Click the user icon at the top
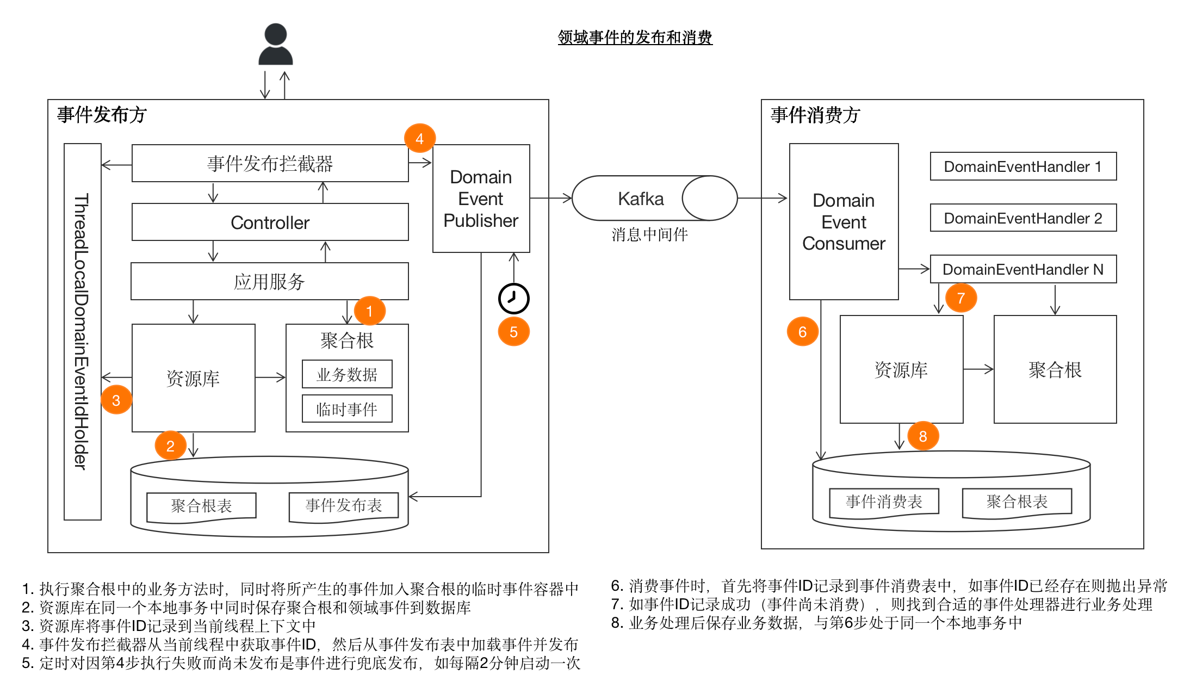275,45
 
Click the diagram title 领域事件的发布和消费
635,38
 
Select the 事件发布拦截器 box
270,163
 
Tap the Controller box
270,222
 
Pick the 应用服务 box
270,281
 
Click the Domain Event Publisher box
481,199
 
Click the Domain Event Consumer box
844,222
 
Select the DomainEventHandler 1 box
1023,166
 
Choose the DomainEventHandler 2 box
1023,218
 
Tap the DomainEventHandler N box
1023,269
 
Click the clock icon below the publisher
513,298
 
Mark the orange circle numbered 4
420,139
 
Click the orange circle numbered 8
923,436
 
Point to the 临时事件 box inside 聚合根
347,409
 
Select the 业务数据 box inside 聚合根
347,374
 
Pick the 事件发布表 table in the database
344,506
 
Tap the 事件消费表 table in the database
884,502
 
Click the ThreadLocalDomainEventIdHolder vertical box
83,332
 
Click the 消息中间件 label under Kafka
649,234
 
